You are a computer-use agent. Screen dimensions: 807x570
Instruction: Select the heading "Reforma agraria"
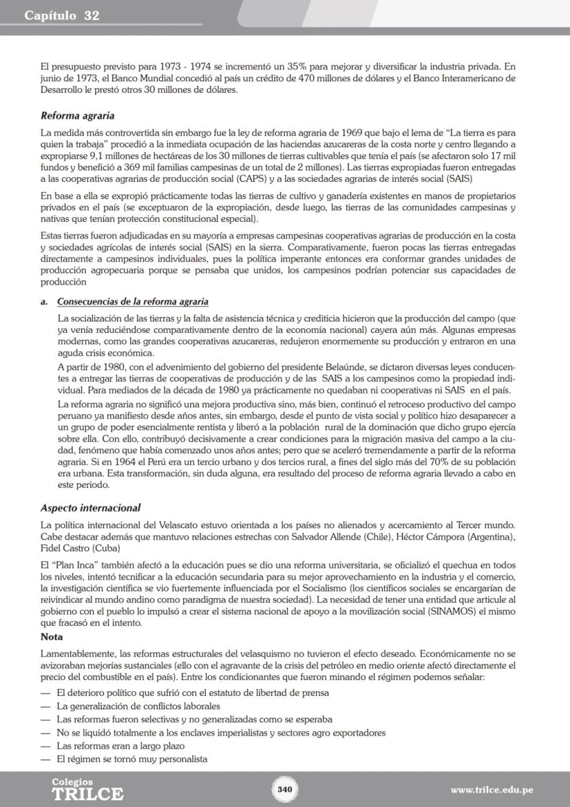[x=77, y=116]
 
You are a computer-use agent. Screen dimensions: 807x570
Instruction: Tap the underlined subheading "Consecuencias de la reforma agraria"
[x=133, y=302]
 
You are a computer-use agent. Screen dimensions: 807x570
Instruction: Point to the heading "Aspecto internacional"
[x=90, y=508]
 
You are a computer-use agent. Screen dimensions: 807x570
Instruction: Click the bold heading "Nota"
[x=52, y=637]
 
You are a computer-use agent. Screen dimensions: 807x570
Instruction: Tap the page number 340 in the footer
[x=284, y=789]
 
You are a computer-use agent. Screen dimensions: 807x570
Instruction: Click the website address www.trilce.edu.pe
[x=492, y=790]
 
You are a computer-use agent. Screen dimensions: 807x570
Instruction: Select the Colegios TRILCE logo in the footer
[x=87, y=789]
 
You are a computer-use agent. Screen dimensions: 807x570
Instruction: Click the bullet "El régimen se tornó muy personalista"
[x=132, y=759]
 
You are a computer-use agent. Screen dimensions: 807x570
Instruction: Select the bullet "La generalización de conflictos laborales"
[x=138, y=706]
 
